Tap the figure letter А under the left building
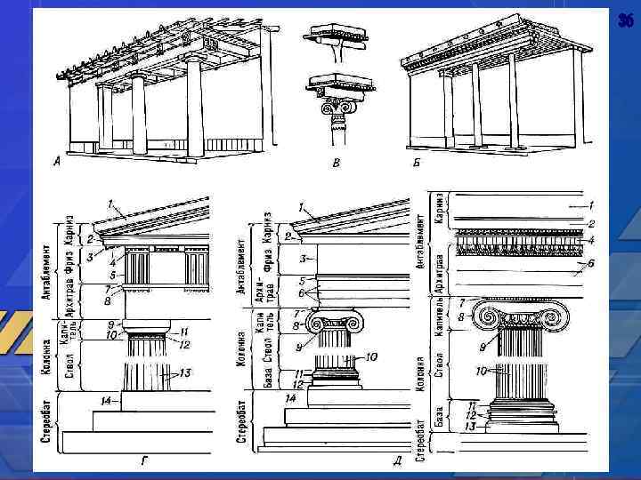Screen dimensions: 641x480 58,161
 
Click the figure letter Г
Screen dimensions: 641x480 143,460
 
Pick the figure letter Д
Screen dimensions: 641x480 396,460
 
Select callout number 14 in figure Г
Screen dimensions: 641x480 106,402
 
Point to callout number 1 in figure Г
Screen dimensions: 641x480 110,204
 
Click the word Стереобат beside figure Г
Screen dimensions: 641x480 48,427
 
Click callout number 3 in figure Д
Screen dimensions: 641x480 302,258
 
